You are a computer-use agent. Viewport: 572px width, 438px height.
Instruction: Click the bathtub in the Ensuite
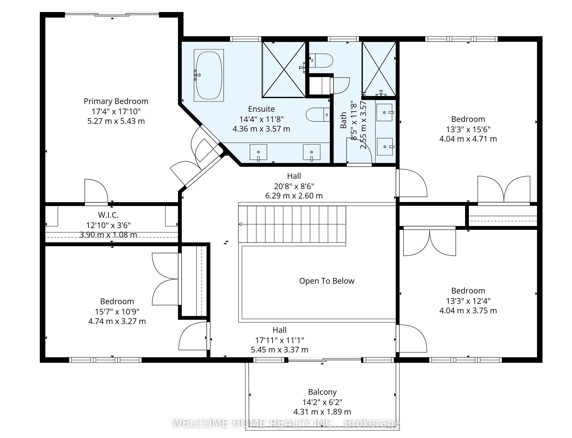coord(209,75)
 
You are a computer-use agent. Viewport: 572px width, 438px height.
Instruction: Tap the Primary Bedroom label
coord(116,101)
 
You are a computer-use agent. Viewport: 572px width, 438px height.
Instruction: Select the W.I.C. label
coord(108,215)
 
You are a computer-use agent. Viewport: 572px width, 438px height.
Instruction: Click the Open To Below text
coord(327,281)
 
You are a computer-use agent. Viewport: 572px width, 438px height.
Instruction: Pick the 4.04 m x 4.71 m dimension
coord(468,139)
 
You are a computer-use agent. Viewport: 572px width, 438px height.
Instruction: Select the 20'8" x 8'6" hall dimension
coord(294,186)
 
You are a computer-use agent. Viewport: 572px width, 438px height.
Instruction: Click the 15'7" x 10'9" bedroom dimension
coord(117,312)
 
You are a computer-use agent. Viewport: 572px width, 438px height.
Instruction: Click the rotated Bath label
coord(343,120)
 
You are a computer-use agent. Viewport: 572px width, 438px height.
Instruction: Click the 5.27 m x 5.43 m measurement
coord(116,121)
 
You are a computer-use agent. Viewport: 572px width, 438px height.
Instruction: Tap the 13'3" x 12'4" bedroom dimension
coord(468,301)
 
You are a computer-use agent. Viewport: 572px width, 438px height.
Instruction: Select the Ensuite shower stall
coord(284,70)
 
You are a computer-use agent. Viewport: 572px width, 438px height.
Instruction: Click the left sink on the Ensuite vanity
coord(258,152)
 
